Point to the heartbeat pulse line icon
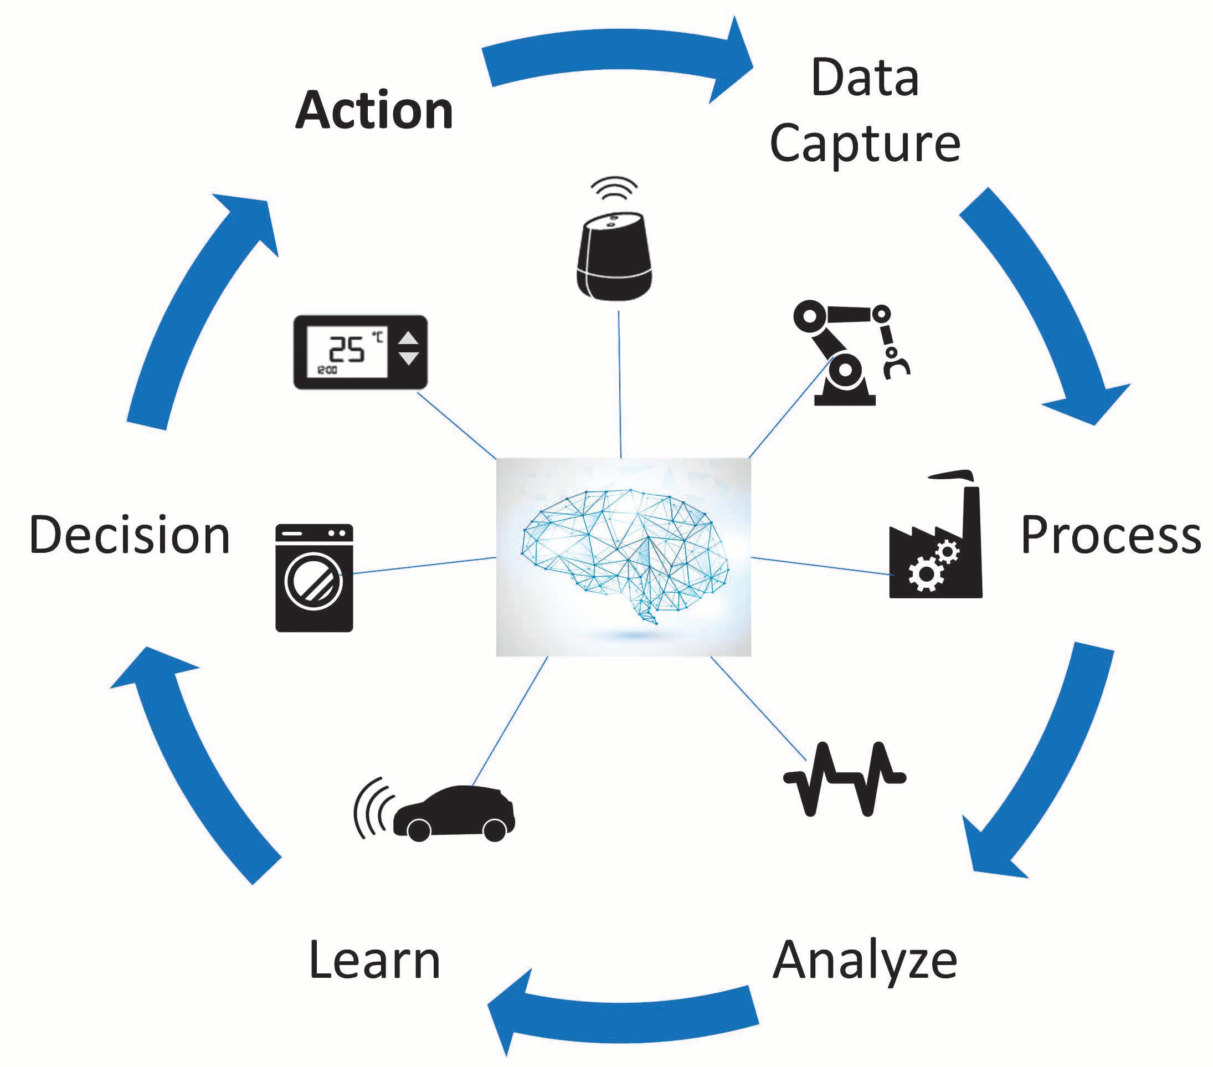(845, 778)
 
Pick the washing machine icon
(314, 577)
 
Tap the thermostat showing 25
(360, 352)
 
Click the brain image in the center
(624, 557)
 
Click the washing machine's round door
(314, 582)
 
